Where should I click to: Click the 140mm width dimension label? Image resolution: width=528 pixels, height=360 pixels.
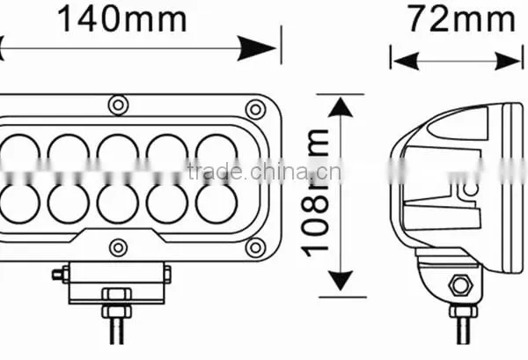click(x=122, y=19)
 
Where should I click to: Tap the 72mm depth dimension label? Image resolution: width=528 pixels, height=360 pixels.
click(x=461, y=19)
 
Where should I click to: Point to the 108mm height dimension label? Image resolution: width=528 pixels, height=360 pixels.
click(x=314, y=193)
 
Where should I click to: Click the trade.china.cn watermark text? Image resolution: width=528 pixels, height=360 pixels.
click(x=264, y=171)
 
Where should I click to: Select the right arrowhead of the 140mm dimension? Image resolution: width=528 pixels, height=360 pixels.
click(x=257, y=48)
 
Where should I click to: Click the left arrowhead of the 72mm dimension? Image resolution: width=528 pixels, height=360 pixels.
click(x=406, y=62)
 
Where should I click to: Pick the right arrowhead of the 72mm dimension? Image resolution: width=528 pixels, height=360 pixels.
click(x=508, y=62)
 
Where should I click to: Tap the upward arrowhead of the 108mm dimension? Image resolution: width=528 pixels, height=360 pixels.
click(x=341, y=107)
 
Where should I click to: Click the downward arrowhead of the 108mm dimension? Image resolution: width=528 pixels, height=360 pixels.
click(x=341, y=280)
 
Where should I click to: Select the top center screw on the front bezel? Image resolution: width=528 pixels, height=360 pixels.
click(x=118, y=105)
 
